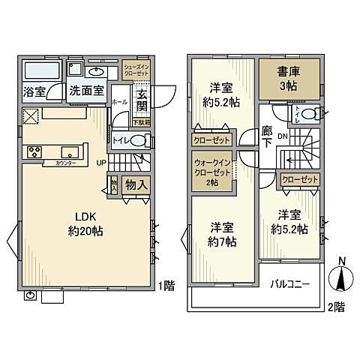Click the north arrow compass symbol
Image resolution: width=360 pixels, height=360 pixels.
pyautogui.click(x=340, y=279)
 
